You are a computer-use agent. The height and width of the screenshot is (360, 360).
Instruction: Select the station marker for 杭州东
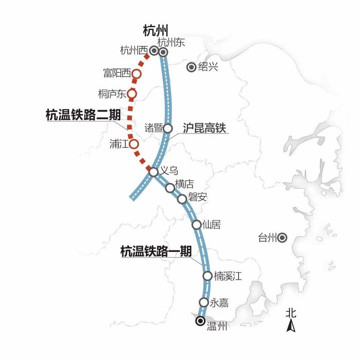(163, 52)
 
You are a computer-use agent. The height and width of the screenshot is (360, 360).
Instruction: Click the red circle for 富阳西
(137, 73)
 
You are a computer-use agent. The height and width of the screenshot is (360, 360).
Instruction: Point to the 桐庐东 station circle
(132, 94)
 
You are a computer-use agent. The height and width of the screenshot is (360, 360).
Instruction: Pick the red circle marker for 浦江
(134, 144)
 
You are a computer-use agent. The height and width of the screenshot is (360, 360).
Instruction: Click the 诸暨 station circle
(167, 128)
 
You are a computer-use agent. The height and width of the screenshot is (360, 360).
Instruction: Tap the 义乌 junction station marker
(153, 172)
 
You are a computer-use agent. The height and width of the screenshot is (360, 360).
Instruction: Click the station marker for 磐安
(182, 199)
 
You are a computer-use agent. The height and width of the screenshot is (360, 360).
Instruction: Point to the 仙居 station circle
(197, 225)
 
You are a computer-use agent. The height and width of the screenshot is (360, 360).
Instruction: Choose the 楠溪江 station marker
(207, 276)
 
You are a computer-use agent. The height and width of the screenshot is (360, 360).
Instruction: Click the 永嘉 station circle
(204, 302)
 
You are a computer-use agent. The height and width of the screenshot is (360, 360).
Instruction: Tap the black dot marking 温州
(199, 320)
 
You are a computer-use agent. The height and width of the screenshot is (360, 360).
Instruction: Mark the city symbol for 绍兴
(191, 67)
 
